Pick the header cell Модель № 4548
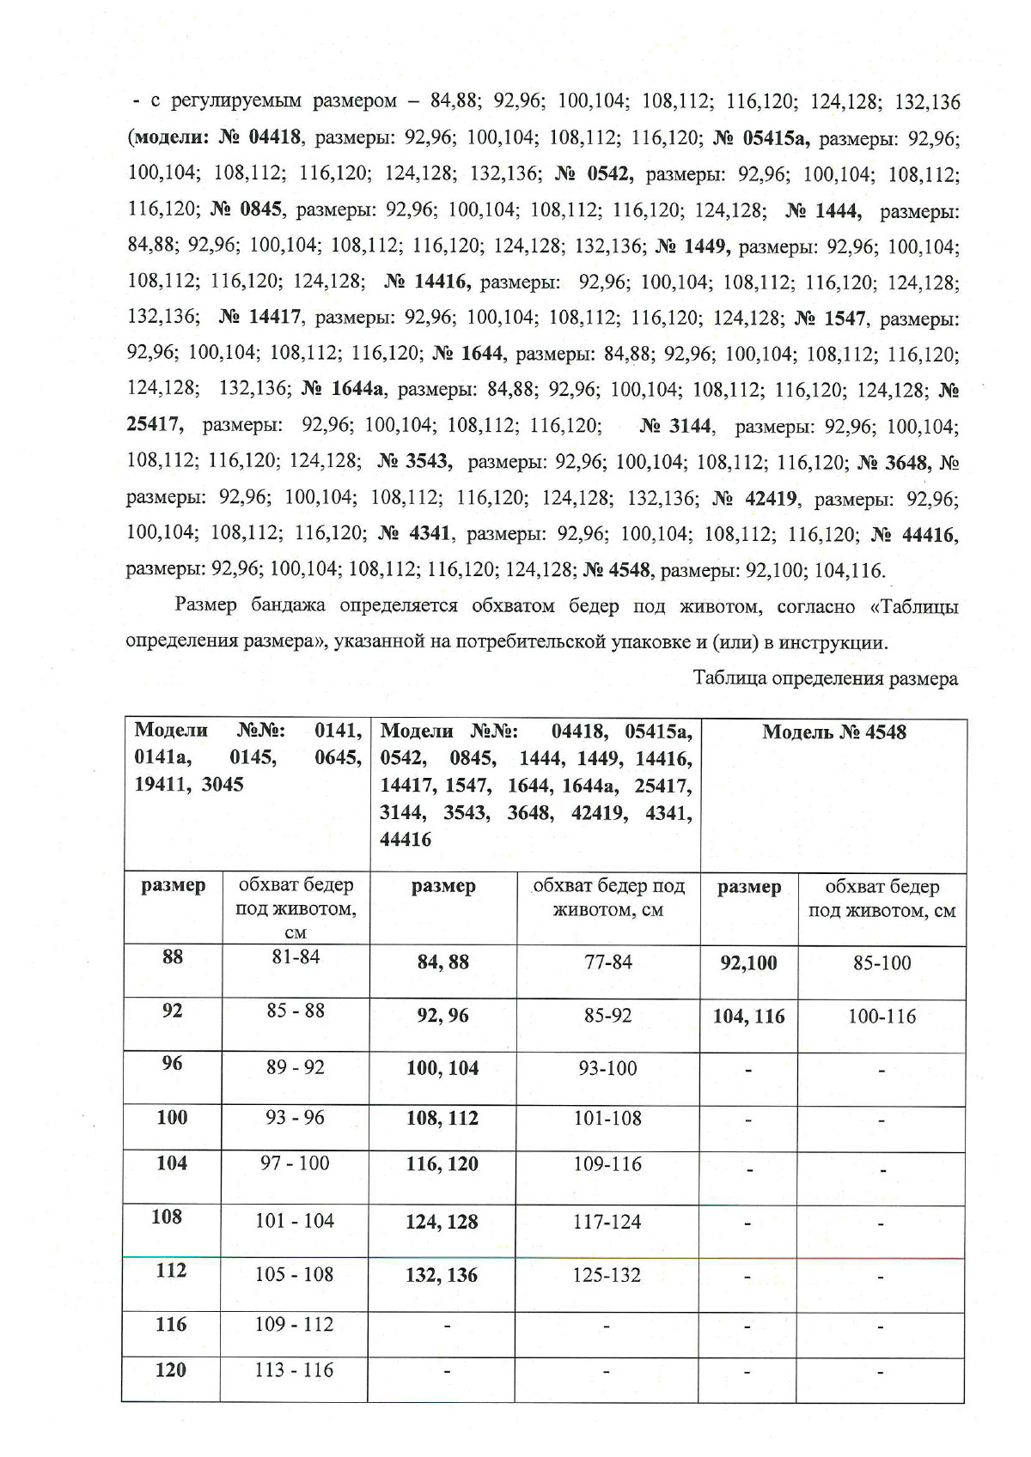tap(833, 732)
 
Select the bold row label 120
tap(170, 1370)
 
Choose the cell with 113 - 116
tap(294, 1370)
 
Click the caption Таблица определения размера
tap(825, 679)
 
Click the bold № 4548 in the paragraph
tap(618, 570)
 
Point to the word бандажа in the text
tap(288, 606)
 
